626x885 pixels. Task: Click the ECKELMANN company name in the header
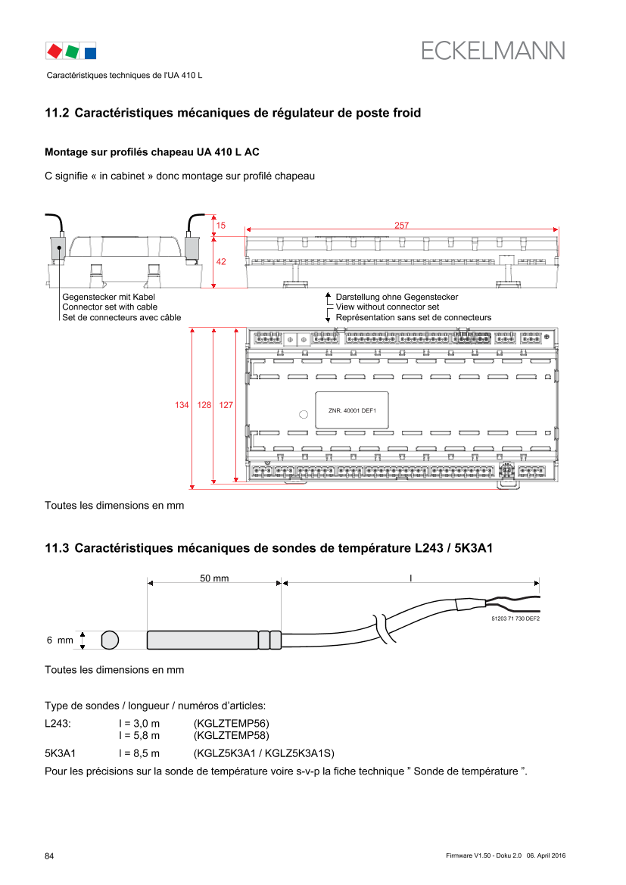coord(493,51)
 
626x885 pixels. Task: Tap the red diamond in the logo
coord(55,51)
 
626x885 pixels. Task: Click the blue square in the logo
coord(90,53)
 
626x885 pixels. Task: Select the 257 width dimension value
coord(401,225)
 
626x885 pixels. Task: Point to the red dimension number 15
coord(221,225)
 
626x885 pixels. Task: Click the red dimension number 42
coord(221,262)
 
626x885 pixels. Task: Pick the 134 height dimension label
coord(182,405)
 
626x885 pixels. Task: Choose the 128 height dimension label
coord(204,405)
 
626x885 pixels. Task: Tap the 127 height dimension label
coord(226,405)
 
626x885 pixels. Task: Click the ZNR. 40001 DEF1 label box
coord(352,410)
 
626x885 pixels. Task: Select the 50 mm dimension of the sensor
coord(214,578)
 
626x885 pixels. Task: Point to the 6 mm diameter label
coord(60,640)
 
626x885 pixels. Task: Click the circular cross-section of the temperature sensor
coord(110,640)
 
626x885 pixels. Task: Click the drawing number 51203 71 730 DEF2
coord(515,619)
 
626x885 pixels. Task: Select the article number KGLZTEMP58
coord(232,735)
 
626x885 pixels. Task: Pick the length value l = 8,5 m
coord(139,753)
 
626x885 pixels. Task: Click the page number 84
coord(50,856)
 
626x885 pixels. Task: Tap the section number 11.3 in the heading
coord(57,548)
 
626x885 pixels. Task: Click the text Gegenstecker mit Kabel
coord(108,297)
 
